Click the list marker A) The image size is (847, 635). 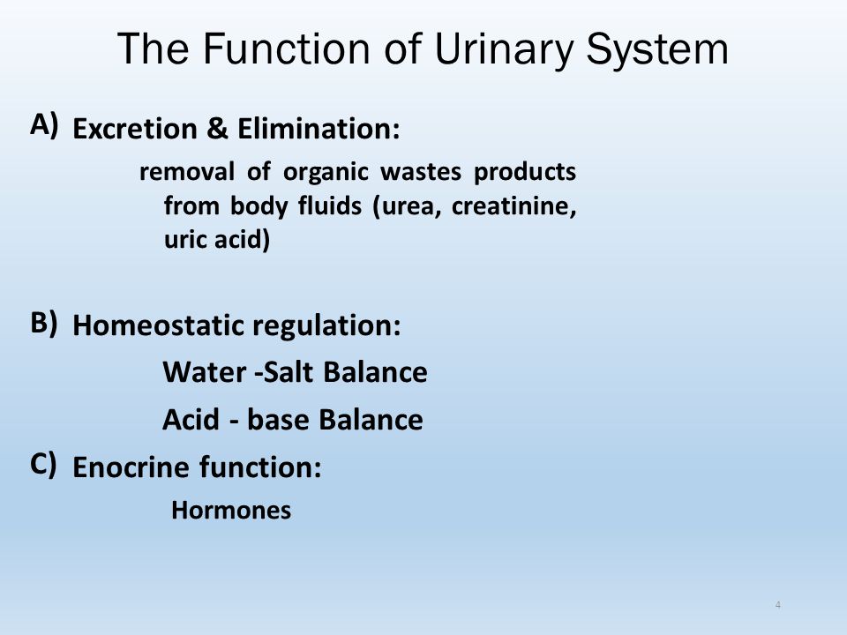pyautogui.click(x=44, y=125)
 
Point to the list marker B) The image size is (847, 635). pyautogui.click(x=44, y=323)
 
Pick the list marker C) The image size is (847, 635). pyautogui.click(x=43, y=465)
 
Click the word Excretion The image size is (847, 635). pyautogui.click(x=134, y=129)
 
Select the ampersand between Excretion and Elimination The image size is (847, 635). pyautogui.click(x=217, y=129)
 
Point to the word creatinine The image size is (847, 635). pyautogui.click(x=513, y=205)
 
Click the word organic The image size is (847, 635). pyautogui.click(x=326, y=173)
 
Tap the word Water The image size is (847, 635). pyautogui.click(x=204, y=372)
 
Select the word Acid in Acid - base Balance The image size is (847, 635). pyautogui.click(x=191, y=419)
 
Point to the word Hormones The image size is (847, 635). pyautogui.click(x=231, y=511)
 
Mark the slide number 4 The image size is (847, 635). pyautogui.click(x=778, y=605)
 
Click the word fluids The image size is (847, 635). pyautogui.click(x=329, y=205)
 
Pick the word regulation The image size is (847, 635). pyautogui.click(x=326, y=326)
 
